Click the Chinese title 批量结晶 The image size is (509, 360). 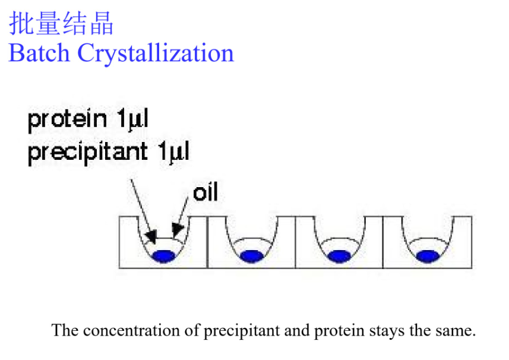point(61,24)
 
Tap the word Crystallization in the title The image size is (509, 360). point(156,53)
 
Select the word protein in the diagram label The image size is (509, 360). point(67,120)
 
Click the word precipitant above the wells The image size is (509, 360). point(87,153)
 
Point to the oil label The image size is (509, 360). point(206,192)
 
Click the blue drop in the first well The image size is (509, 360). point(163,256)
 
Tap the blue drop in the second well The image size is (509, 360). point(251,256)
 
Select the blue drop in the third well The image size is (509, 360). point(339,256)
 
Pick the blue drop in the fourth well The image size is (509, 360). point(427,256)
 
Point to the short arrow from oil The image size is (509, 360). point(181,214)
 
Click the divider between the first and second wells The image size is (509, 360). point(207,242)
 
